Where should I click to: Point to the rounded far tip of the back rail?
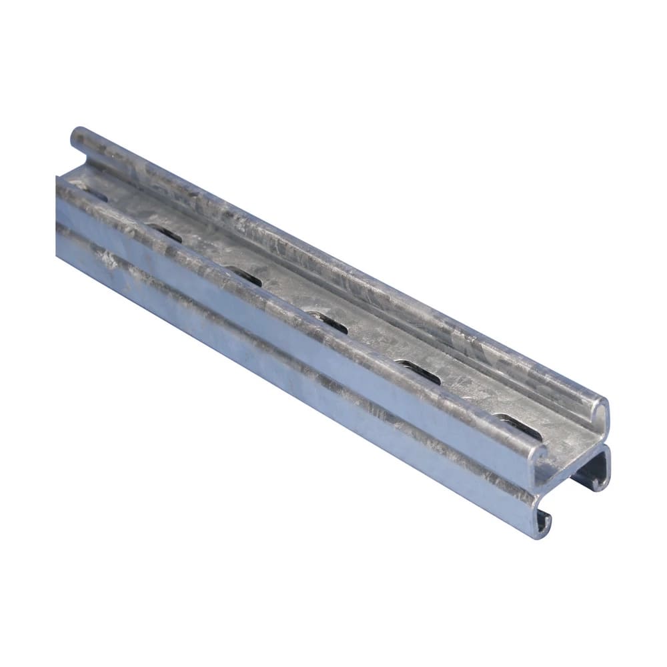[78, 133]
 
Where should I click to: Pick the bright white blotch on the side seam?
[110, 256]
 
